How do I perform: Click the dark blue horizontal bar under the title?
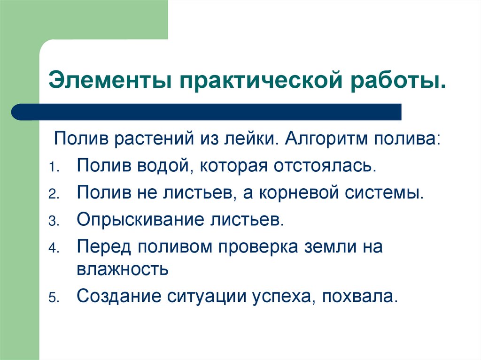207,112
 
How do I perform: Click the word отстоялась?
329,166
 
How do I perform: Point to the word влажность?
122,269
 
